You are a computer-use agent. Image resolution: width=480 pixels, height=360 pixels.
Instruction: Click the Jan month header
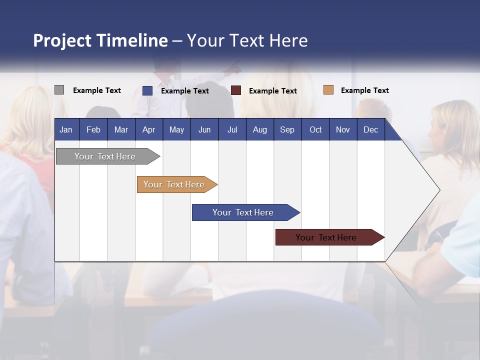66,129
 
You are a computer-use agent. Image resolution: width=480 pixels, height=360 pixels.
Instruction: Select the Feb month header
93,129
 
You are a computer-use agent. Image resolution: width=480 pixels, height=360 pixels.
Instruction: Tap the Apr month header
148,129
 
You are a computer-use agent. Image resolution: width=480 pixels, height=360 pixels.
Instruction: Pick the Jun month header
204,129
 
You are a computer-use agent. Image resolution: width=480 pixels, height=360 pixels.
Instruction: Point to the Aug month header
259,129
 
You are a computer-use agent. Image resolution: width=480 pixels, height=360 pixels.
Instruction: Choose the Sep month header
287,129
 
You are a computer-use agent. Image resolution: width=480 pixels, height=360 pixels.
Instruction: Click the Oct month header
315,129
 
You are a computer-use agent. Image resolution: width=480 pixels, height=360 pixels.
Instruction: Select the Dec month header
370,129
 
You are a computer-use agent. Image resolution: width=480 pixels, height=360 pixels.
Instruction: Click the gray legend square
59,90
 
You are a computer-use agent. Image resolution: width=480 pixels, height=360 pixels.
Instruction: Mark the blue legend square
147,90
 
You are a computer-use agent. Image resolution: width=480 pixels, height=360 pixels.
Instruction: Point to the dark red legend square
236,90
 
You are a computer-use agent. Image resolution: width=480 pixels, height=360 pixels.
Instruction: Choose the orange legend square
328,90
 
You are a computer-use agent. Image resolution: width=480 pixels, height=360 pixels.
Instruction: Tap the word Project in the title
62,40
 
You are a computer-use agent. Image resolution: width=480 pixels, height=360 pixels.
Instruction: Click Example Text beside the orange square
364,90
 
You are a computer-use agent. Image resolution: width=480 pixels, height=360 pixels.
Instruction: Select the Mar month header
121,129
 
